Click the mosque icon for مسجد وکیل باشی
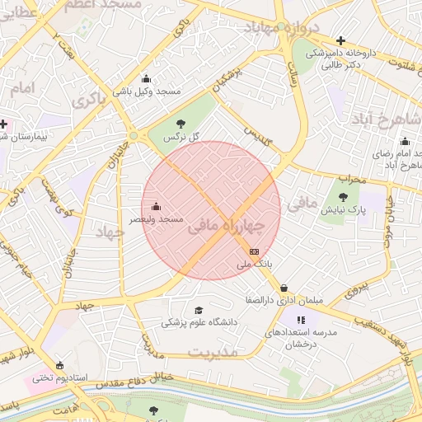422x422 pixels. point(147,79)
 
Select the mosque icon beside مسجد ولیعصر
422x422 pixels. point(157,206)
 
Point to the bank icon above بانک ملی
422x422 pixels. point(254,251)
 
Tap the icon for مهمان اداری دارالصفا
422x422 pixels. point(284,288)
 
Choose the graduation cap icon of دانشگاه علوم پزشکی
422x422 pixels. point(198,310)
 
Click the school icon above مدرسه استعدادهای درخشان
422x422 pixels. point(302,319)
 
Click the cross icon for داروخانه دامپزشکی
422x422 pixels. point(340,40)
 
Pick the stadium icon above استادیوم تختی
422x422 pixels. point(59,365)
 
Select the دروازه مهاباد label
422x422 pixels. point(280,27)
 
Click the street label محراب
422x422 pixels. point(350,177)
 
